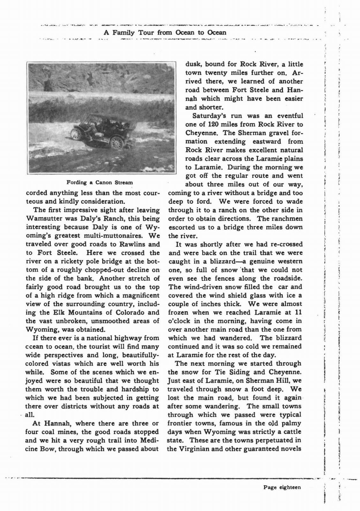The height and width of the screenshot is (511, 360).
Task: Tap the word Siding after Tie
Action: click(x=236, y=372)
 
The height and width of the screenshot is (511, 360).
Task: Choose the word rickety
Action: click(x=65, y=261)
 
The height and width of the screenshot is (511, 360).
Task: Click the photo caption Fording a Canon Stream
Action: click(x=100, y=182)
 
